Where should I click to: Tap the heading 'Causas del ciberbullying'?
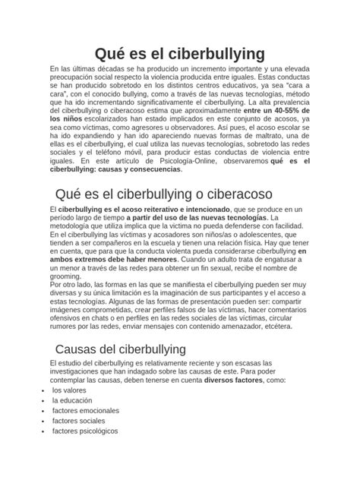pos(120,349)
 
